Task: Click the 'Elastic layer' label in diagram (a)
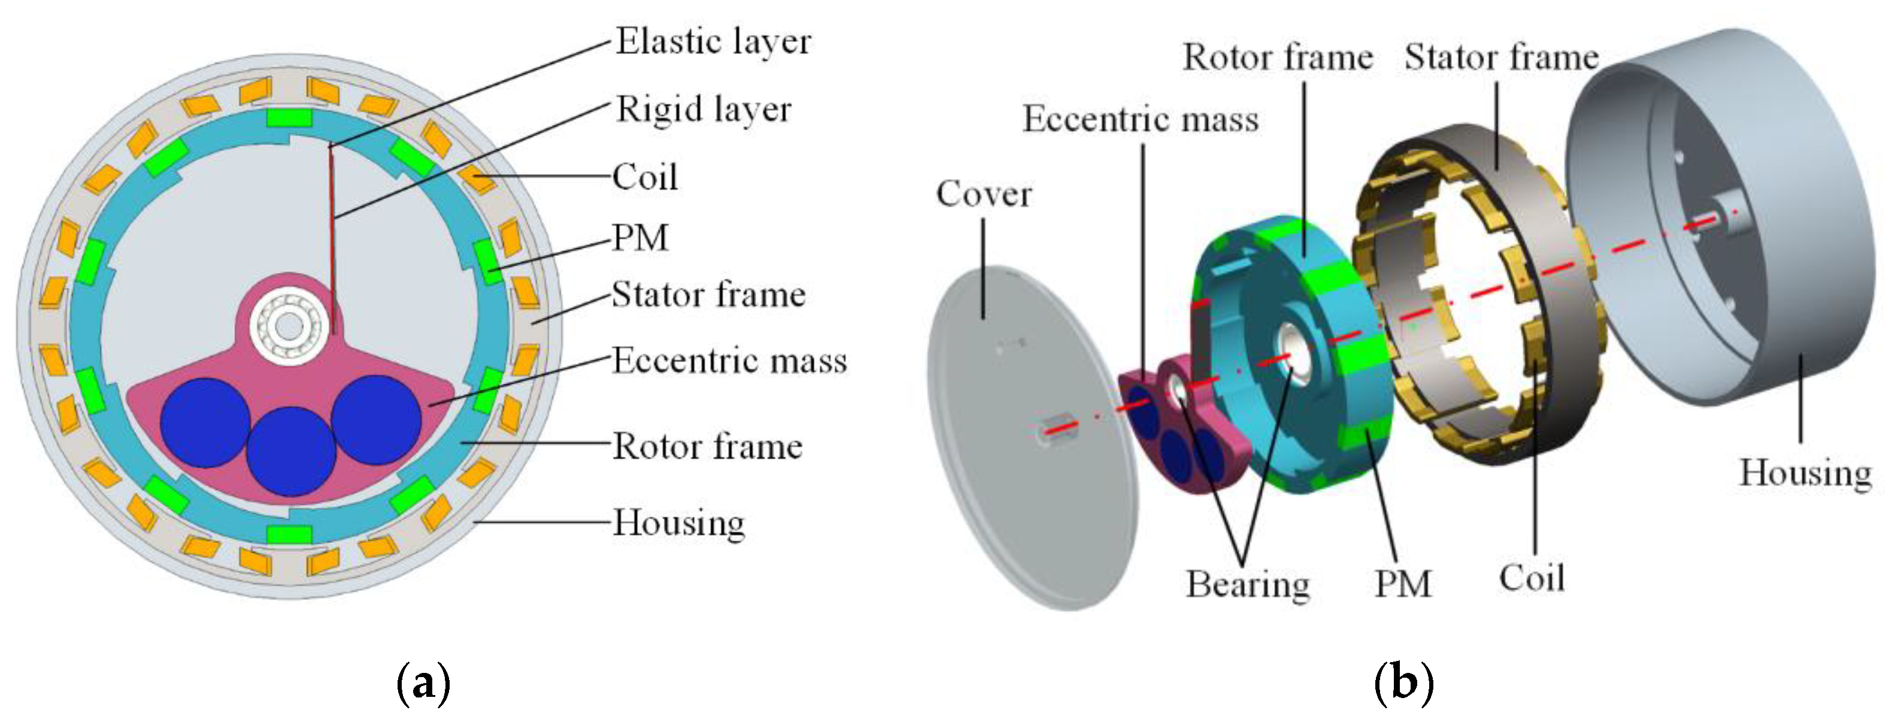coord(712,41)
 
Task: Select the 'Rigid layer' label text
coord(703,110)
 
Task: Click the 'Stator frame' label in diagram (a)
coord(708,295)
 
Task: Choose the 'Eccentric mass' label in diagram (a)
coord(729,360)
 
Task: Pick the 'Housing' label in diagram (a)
coord(678,523)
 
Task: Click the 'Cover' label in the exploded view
coord(984,194)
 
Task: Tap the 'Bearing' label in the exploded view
coord(1248,584)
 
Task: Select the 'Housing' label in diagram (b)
coord(1805,472)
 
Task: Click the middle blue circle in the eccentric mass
coord(292,451)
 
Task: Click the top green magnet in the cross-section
coord(289,117)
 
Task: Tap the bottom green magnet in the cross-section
coord(289,534)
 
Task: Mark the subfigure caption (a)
coord(423,683)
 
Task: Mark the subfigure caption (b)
coord(1403,683)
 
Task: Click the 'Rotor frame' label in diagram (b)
coord(1277,57)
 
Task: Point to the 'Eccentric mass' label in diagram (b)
coord(1141,119)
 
